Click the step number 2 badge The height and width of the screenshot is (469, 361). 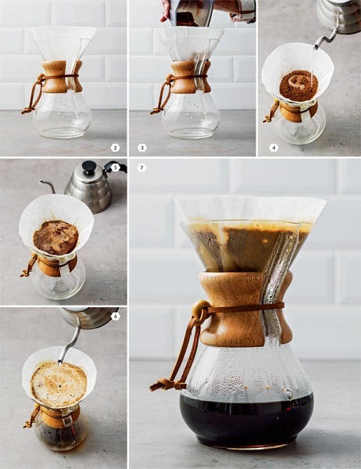pyautogui.click(x=115, y=148)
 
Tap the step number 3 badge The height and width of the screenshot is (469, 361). pyautogui.click(x=141, y=148)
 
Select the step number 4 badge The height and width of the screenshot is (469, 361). pyautogui.click(x=273, y=148)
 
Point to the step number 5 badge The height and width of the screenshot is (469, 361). pyautogui.click(x=116, y=167)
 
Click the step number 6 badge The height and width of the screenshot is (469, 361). pyautogui.click(x=115, y=316)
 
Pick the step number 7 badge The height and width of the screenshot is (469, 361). pyautogui.click(x=141, y=168)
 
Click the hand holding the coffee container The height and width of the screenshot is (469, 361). pyautogui.click(x=166, y=10)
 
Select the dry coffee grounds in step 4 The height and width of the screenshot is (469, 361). pyautogui.click(x=298, y=85)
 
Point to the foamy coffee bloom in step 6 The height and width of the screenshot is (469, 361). pyautogui.click(x=59, y=385)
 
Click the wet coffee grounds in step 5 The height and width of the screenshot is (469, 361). pyautogui.click(x=55, y=238)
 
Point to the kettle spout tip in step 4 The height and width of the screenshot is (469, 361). pyautogui.click(x=316, y=47)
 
